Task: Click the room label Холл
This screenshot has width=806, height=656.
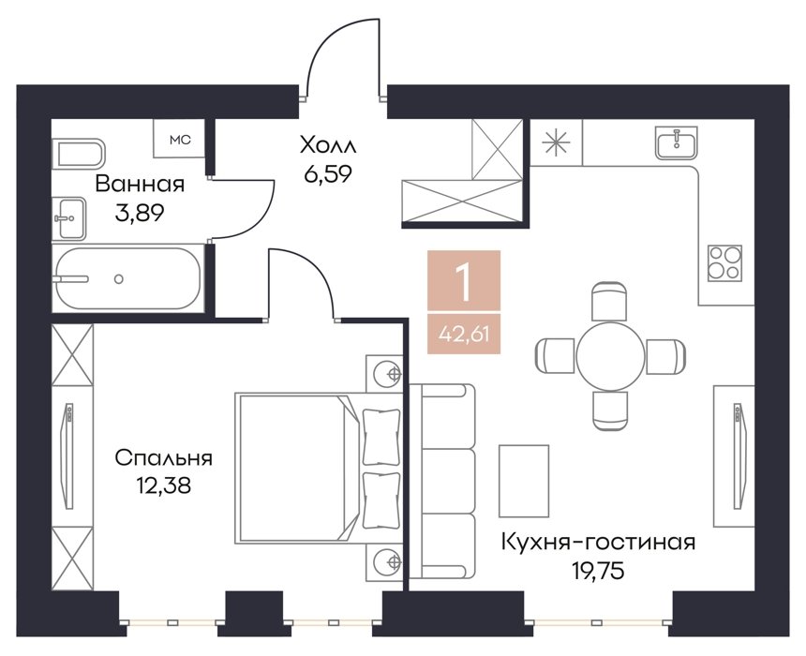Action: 328,145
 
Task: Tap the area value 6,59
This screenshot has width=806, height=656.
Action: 328,175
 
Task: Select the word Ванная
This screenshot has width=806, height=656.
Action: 140,184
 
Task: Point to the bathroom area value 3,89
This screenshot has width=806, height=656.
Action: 140,213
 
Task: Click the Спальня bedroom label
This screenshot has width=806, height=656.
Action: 163,457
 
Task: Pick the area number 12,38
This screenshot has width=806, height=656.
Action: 163,485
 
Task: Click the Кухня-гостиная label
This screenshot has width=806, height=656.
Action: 598,542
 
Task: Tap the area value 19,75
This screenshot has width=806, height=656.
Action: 598,570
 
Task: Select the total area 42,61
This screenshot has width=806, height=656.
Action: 464,335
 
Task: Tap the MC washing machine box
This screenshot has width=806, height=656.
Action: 179,139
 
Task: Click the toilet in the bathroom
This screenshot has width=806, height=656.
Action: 79,153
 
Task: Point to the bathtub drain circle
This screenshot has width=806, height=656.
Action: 119,279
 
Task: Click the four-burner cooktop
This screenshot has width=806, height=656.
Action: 724,262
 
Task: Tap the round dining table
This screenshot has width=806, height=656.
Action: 610,356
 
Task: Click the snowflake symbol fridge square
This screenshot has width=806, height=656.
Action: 557,142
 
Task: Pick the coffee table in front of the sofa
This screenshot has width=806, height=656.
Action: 524,481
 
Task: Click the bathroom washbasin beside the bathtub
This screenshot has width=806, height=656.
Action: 70,218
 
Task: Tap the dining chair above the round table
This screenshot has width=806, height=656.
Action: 609,302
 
